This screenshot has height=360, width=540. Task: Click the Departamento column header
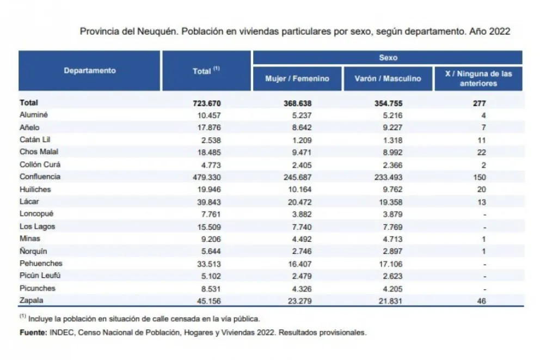tap(90, 71)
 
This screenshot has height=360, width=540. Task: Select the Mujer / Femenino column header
tap(297, 78)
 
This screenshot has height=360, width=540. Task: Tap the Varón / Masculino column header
tap(388, 78)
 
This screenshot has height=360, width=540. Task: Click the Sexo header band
tap(388, 57)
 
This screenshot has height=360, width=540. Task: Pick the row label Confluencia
tap(40, 176)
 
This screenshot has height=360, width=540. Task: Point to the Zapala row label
tap(31, 300)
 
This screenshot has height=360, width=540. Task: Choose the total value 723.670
tap(207, 103)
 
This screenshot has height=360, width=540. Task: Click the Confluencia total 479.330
tap(207, 177)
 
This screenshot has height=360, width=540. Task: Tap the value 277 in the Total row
tap(479, 103)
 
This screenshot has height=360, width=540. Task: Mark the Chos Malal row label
tap(39, 152)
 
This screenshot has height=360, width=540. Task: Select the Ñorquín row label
tap(34, 251)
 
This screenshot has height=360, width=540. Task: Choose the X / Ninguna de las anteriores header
tap(478, 78)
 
